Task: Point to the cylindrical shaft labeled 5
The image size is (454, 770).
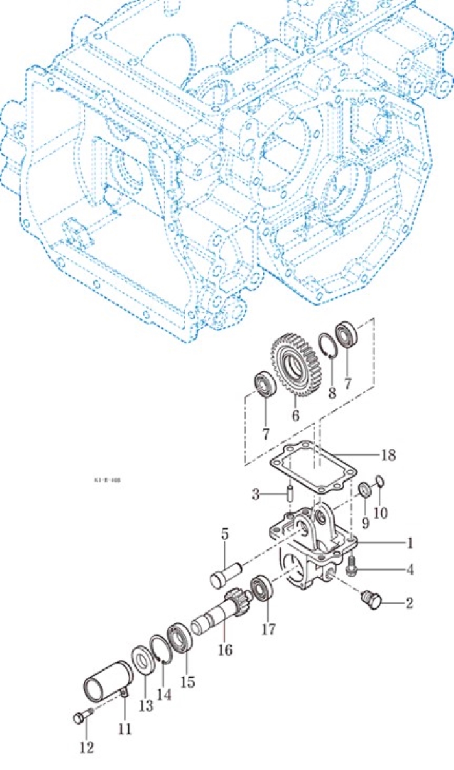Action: (x=228, y=574)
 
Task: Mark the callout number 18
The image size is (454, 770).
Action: (x=388, y=455)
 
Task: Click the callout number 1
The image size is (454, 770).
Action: (x=409, y=542)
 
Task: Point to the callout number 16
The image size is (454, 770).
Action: (x=224, y=649)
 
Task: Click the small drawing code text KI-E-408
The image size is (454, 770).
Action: (x=107, y=480)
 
